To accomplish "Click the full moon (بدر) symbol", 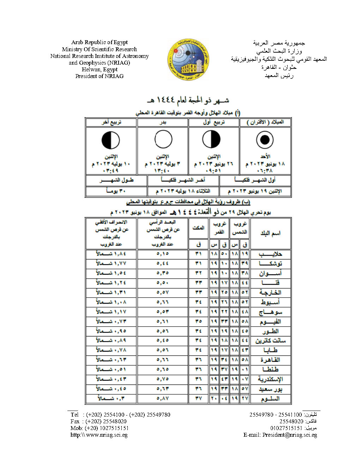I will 163,139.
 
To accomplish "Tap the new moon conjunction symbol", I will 265,140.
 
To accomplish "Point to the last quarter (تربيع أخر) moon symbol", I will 111,140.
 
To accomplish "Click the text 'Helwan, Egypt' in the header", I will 100,70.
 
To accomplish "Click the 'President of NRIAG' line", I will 100,76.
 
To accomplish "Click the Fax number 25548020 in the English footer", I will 108,422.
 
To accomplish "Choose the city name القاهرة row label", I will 270,360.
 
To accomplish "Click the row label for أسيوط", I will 270,302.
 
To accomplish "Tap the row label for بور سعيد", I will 270,389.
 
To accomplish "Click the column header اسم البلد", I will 270,233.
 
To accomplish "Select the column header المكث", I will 198,228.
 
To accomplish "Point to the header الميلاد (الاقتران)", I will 265,123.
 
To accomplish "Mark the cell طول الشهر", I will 116,180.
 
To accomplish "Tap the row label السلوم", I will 270,399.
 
